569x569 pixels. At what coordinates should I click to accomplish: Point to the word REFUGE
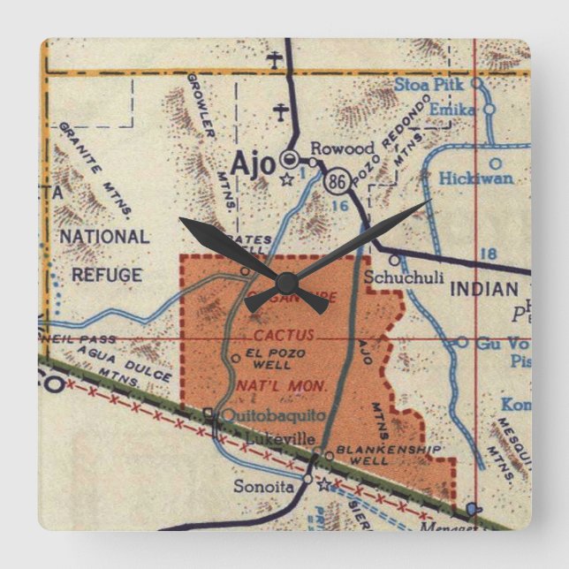pyautogui.click(x=106, y=275)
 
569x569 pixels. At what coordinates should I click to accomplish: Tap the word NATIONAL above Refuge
pyautogui.click(x=104, y=237)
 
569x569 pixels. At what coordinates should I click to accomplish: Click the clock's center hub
pyautogui.click(x=284, y=282)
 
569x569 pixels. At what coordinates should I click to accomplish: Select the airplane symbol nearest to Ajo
pyautogui.click(x=281, y=113)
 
